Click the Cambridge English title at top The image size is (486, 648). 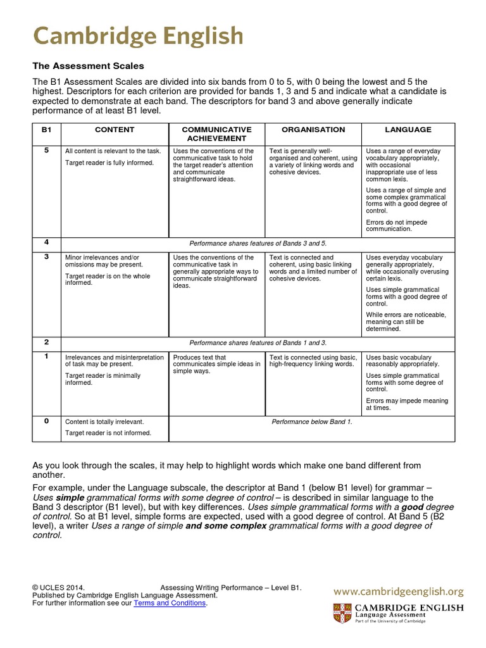tap(138, 35)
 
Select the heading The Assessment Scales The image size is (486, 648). tap(89, 66)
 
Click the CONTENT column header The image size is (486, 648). tap(115, 130)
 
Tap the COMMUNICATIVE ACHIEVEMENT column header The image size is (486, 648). tap(217, 134)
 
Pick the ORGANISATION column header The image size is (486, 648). tap(313, 130)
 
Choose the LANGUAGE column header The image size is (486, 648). tap(408, 130)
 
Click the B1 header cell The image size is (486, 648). tap(46, 130)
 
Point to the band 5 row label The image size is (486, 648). tap(46, 151)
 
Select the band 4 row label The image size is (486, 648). tap(46, 242)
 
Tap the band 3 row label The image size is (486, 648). tap(46, 258)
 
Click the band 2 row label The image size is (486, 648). tap(46, 342)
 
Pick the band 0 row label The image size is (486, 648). tap(46, 421)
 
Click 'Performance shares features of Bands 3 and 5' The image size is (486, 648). tap(258, 243)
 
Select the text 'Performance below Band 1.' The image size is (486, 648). tap(312, 421)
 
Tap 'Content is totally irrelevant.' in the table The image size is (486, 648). tap(104, 421)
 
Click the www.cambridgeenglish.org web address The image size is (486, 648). tap(399, 592)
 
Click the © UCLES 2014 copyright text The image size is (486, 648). tap(58, 588)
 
